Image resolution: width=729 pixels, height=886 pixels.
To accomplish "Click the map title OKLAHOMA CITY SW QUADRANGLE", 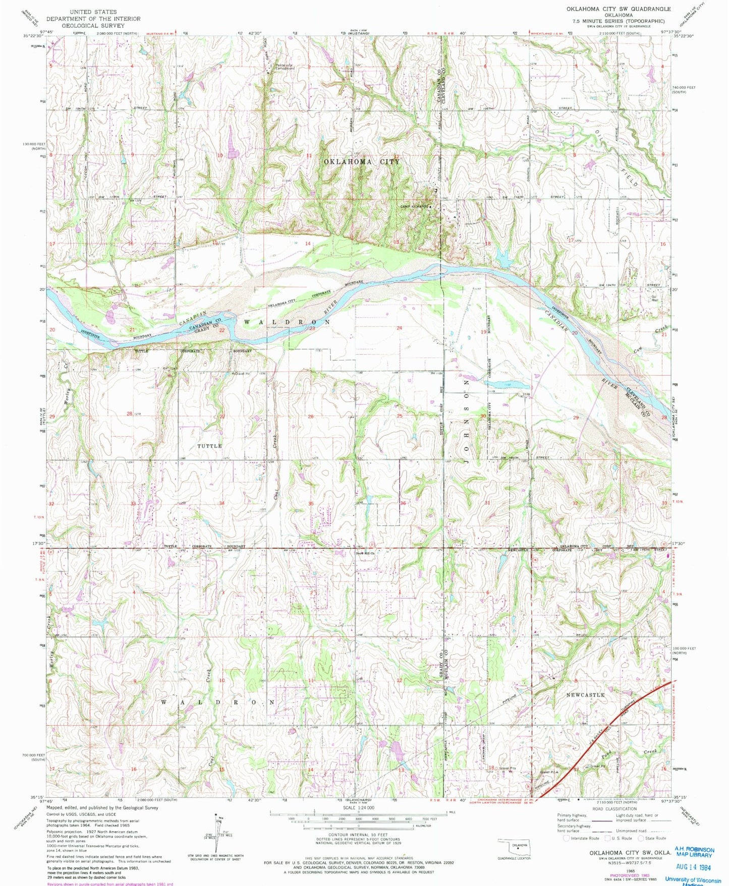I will tap(618, 9).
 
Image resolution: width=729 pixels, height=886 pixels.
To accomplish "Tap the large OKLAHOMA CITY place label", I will tap(361, 162).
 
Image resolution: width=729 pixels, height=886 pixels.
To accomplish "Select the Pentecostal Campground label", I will tap(285, 67).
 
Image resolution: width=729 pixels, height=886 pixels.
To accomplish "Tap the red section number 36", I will tap(403, 503).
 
